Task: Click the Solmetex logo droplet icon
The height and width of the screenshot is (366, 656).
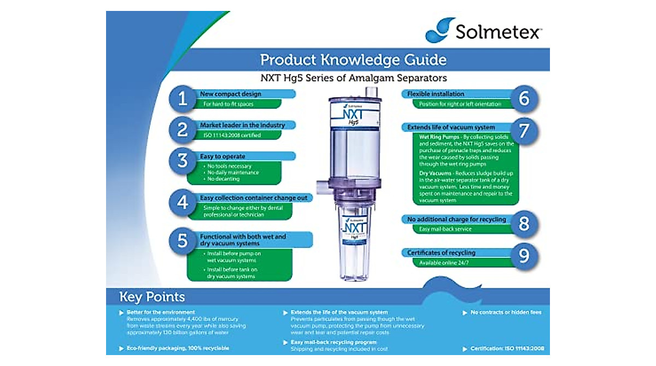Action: [441, 29]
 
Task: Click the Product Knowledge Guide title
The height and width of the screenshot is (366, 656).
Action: [353, 59]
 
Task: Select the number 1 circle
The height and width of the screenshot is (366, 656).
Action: [182, 99]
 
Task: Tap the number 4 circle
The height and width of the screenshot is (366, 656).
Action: [182, 203]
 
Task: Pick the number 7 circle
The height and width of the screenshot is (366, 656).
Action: [524, 132]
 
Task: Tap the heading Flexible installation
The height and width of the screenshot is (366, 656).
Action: [436, 94]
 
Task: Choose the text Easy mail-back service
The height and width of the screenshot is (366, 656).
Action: [445, 229]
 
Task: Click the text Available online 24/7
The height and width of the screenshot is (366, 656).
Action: [444, 263]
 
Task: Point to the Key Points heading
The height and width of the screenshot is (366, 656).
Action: [152, 297]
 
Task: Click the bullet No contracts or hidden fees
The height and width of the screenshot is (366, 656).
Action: [506, 312]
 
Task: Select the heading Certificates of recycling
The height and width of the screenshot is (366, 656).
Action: [441, 253]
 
